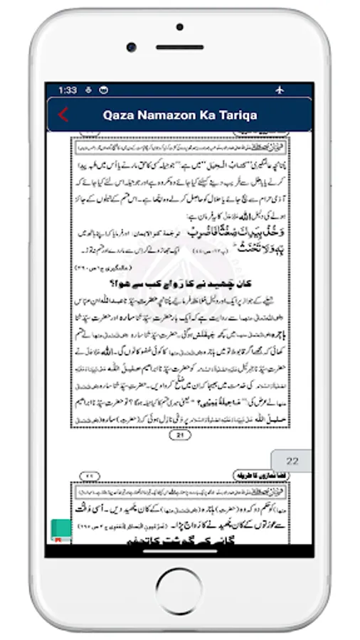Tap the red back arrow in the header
63,114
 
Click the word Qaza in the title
120,114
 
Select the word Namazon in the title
171,114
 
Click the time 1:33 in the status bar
68,90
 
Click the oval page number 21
180,435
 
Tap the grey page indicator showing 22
292,462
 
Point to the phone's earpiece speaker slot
179,48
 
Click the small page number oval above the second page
90,475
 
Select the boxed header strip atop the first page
180,146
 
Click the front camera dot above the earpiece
179,29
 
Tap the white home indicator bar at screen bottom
179,550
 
